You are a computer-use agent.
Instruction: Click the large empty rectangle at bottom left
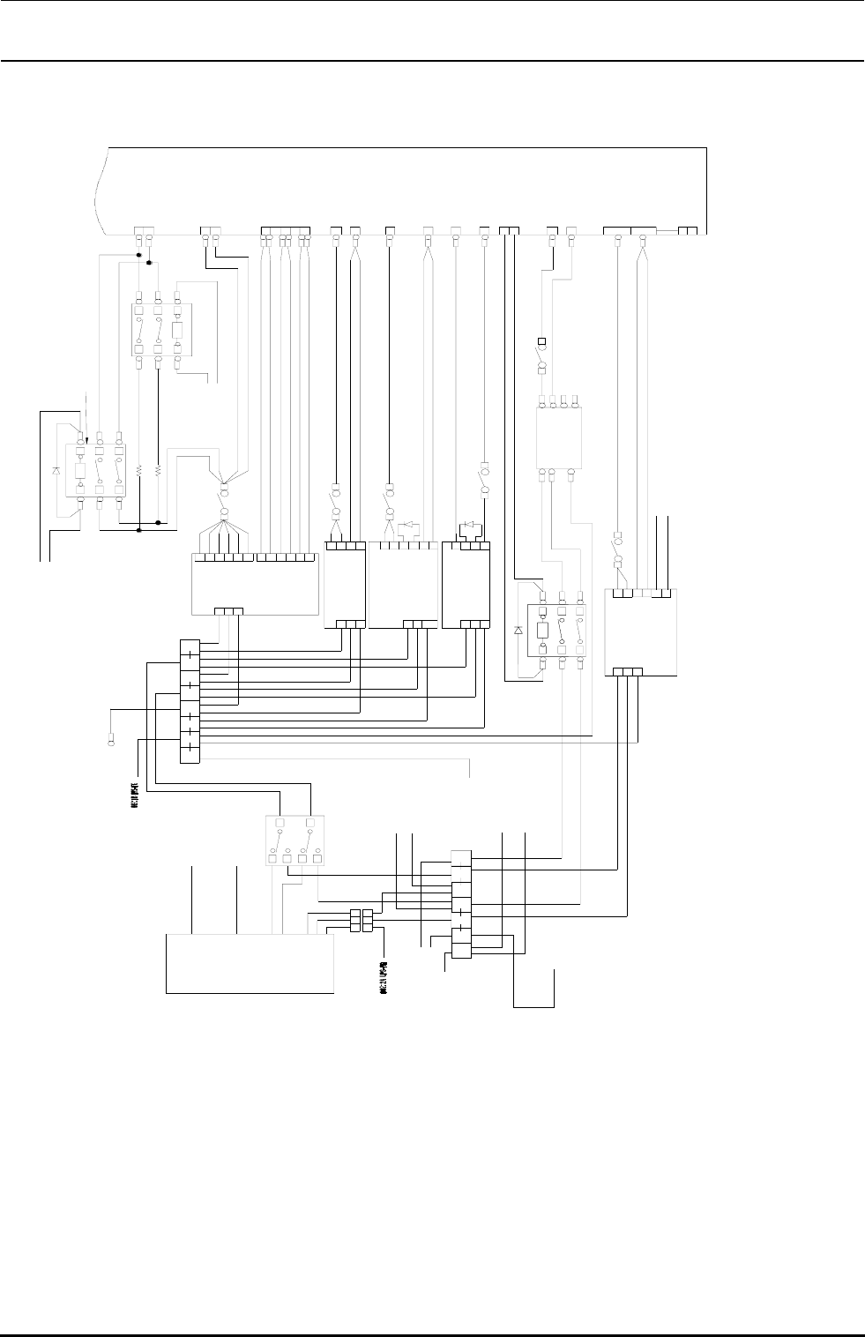coord(250,964)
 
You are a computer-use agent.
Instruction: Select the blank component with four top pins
coord(559,438)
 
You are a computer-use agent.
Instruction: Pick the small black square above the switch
coord(542,341)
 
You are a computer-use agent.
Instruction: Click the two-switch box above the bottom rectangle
coord(295,840)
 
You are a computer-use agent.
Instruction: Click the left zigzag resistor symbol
coord(139,472)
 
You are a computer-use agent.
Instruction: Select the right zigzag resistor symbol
coord(158,472)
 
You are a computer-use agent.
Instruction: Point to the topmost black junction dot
coord(139,256)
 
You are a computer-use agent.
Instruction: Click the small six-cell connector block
coord(362,920)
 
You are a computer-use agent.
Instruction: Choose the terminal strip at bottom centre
coord(461,903)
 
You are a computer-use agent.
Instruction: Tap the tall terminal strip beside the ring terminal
coord(190,701)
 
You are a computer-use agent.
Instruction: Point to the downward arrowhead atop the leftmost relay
coord(86,432)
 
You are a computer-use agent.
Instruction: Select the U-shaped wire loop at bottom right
coord(534,988)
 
